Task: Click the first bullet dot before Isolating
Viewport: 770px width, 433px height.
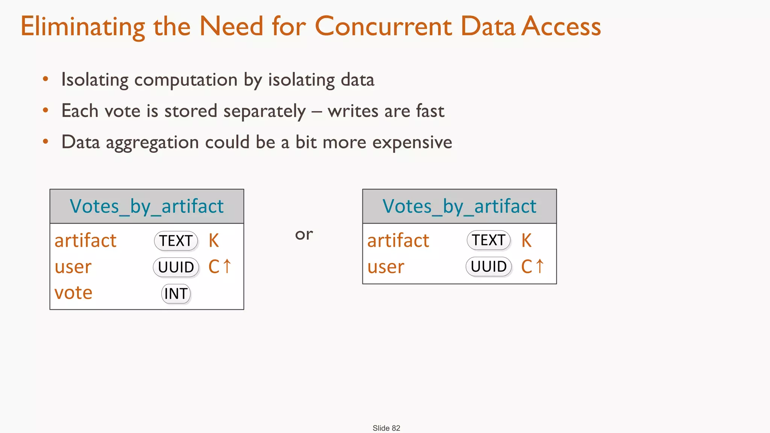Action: (45, 79)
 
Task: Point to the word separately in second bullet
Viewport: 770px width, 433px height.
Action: (264, 111)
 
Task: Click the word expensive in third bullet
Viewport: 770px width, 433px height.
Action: (412, 142)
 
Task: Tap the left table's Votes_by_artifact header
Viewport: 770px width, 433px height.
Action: (147, 206)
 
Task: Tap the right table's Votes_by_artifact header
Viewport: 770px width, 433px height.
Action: (459, 206)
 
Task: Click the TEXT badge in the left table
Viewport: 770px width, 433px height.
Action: (176, 241)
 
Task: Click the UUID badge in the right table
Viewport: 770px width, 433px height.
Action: (488, 266)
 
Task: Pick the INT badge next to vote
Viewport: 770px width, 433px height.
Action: (176, 294)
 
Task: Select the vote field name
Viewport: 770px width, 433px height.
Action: (73, 293)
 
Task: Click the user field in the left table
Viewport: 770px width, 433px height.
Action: (73, 267)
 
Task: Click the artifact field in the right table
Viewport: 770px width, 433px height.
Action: (398, 241)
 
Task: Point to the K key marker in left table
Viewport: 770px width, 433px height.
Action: (214, 241)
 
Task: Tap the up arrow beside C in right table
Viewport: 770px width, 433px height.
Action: (540, 266)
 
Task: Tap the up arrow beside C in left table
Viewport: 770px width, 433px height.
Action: (227, 266)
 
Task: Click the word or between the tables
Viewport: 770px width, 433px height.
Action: (304, 235)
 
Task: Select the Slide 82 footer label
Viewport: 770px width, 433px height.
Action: (386, 428)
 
